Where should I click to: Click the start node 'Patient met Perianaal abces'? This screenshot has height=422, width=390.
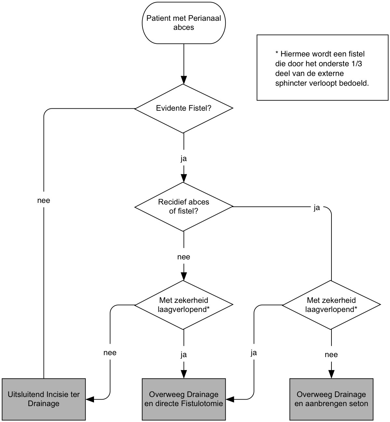(184, 23)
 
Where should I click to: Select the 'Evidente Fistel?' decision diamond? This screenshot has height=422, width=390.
(184, 108)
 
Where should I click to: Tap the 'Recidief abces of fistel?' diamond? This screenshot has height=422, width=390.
(184, 206)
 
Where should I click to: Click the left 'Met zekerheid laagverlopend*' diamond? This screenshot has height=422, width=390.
(184, 305)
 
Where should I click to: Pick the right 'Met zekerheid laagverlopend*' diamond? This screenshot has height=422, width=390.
(331, 305)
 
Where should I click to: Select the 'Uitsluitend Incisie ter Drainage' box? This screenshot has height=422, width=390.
(44, 399)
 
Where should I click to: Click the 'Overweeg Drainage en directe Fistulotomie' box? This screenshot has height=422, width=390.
(184, 399)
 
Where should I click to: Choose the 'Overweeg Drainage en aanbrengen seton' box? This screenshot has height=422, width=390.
(331, 399)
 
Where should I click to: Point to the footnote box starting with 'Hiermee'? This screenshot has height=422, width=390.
(322, 68)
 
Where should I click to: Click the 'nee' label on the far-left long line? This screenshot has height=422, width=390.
(44, 201)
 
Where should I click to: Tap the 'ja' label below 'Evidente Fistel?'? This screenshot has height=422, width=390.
(184, 159)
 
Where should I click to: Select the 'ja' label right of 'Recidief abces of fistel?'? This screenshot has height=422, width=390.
(316, 208)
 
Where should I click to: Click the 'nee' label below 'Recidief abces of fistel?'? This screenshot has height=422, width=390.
(184, 257)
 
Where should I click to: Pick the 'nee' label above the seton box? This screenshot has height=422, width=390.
(331, 355)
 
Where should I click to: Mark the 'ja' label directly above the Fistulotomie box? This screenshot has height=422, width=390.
(184, 355)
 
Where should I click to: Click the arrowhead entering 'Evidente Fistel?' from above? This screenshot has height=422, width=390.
(184, 81)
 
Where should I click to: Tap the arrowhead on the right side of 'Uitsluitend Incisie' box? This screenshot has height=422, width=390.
(89, 399)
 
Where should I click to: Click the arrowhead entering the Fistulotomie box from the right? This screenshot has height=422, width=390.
(230, 399)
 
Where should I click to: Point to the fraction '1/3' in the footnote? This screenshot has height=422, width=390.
(357, 64)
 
